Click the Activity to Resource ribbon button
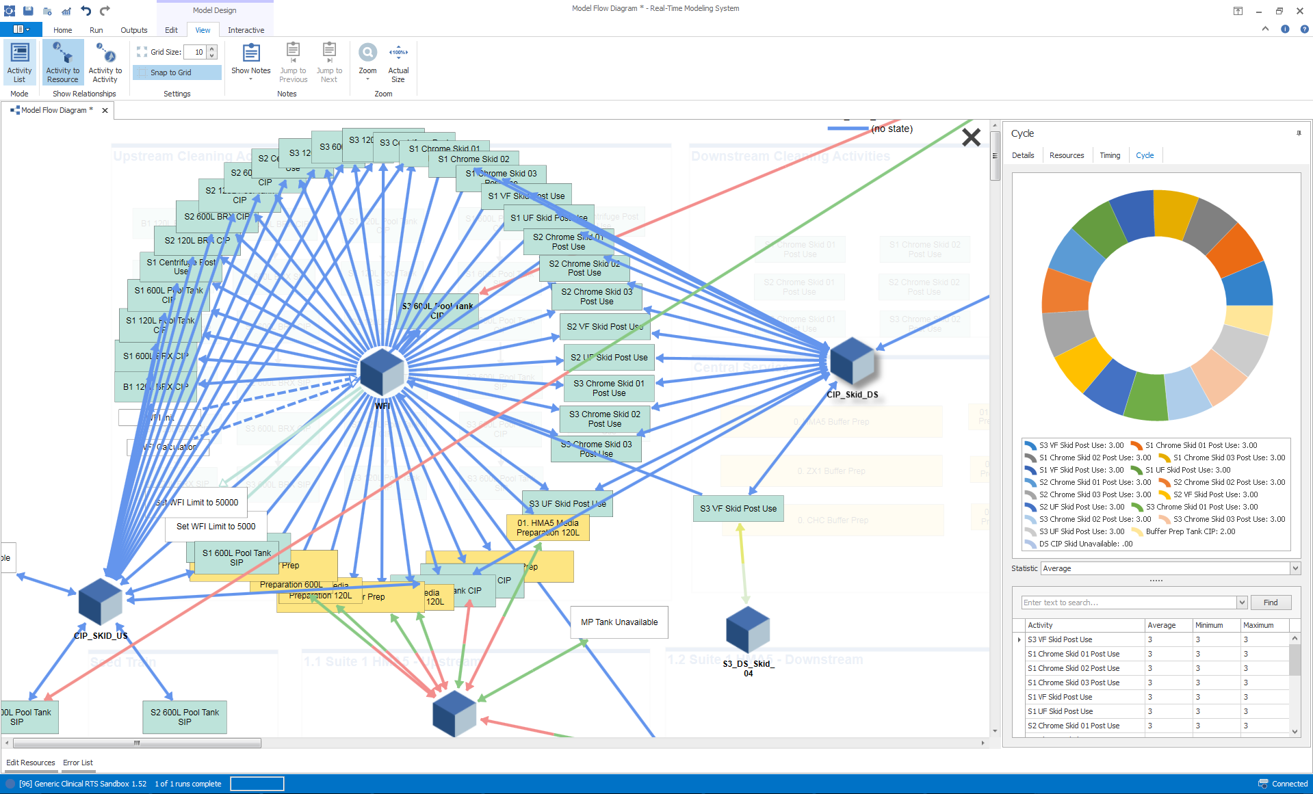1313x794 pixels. click(63, 62)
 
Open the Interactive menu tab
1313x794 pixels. click(246, 30)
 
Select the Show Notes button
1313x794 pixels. click(251, 61)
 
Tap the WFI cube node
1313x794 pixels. click(382, 372)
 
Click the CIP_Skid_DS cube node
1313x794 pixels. click(852, 361)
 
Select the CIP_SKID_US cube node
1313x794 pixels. click(101, 602)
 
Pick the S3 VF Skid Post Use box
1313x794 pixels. click(738, 509)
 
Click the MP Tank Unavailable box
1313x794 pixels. click(619, 622)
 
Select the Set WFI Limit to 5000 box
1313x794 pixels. click(216, 527)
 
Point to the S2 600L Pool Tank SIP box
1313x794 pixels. click(185, 717)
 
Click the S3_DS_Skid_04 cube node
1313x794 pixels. click(748, 629)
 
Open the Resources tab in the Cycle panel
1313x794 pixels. click(1067, 155)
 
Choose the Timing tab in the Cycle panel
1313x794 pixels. click(1110, 155)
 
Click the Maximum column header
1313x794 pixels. click(1258, 625)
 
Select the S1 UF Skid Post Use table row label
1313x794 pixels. click(1060, 711)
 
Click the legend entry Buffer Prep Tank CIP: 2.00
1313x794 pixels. click(1191, 531)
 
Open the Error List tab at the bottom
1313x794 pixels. click(78, 763)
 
